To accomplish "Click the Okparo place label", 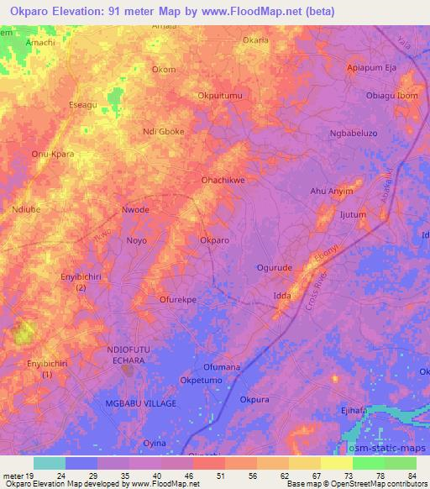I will [214, 240].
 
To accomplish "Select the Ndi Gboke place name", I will [164, 131].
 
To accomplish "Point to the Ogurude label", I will [274, 267].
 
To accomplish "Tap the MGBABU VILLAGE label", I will [141, 403].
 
